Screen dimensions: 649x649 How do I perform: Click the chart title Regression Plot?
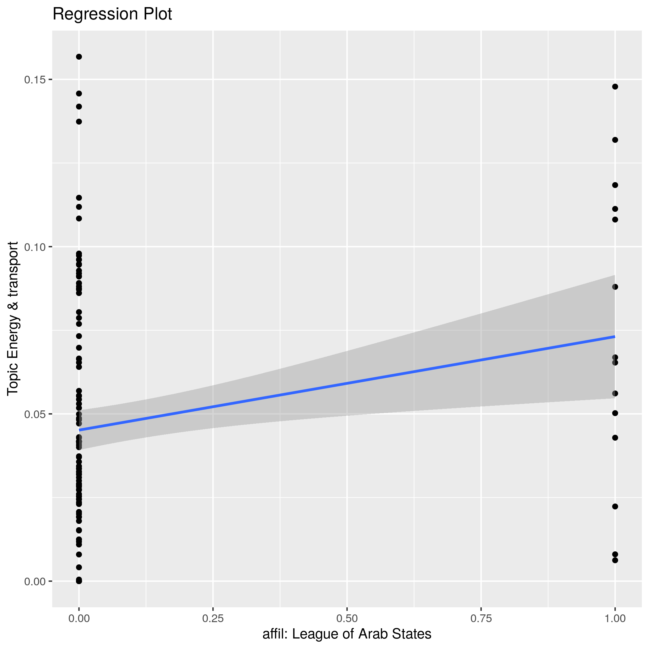coord(112,15)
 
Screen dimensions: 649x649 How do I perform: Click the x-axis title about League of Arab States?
coord(347,634)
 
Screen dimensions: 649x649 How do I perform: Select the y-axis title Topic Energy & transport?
coord(13,318)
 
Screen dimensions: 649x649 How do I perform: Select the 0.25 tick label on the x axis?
coord(213,618)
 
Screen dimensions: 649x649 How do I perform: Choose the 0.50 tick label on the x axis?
coord(347,618)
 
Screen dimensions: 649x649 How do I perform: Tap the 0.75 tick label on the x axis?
coord(481,618)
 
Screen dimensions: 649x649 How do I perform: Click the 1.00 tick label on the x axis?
coord(615,618)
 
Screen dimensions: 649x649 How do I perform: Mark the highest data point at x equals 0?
coord(79,57)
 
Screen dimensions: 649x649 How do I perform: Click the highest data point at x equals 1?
coord(615,87)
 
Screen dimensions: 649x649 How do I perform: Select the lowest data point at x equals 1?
coord(615,560)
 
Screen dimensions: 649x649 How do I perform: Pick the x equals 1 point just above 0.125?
coord(615,140)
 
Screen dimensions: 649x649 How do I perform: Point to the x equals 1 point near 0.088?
coord(615,287)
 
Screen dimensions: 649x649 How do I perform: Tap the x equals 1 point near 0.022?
coord(615,507)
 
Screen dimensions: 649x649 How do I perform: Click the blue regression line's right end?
coord(614,336)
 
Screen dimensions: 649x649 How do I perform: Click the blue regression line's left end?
coord(79,430)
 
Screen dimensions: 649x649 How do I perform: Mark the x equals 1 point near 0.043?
coord(615,438)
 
